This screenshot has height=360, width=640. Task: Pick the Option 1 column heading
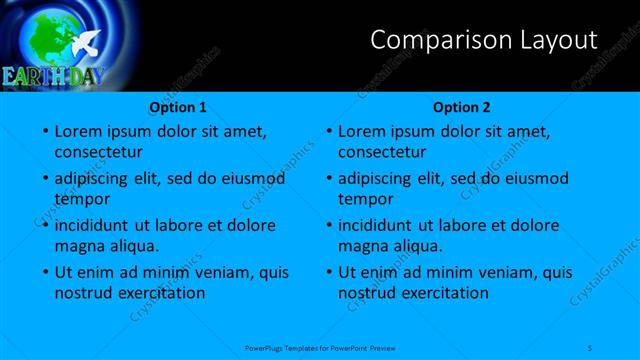point(178,107)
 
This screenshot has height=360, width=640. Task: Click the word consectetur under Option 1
point(98,153)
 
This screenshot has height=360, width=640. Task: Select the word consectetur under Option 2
point(382,153)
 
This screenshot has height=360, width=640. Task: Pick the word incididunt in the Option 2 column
point(375,225)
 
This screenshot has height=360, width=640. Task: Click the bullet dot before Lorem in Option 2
point(329,132)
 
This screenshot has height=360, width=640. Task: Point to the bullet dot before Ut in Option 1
point(45,272)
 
